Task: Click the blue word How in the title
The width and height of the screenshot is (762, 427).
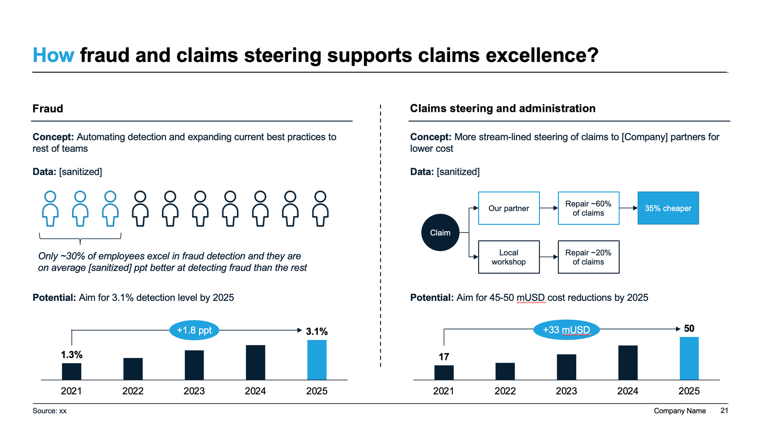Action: click(x=53, y=55)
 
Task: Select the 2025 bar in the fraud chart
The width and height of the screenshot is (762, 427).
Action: click(x=317, y=360)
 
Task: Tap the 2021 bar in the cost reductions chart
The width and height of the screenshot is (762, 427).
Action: click(x=444, y=372)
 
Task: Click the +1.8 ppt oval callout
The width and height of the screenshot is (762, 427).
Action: click(x=194, y=330)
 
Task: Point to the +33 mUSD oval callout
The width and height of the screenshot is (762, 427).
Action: click(x=566, y=330)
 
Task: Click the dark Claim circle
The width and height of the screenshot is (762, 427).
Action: click(x=440, y=233)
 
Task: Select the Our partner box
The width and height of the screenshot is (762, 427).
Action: click(x=508, y=208)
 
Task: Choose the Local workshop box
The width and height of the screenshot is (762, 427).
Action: click(x=508, y=257)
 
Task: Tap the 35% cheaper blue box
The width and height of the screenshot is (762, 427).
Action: click(x=668, y=208)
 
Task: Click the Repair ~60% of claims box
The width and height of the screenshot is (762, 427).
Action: click(x=588, y=208)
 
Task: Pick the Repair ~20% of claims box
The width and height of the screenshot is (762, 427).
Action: click(x=588, y=257)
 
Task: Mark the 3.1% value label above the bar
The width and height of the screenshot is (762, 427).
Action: click(x=317, y=331)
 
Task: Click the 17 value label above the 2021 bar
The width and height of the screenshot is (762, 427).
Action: click(x=444, y=357)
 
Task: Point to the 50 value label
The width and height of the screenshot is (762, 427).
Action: click(x=689, y=329)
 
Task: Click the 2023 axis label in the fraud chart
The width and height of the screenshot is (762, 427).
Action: click(x=194, y=391)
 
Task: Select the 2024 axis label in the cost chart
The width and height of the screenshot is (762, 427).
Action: click(x=627, y=391)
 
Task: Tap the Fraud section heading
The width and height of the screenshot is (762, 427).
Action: click(x=48, y=109)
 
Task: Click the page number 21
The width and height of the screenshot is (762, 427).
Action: click(x=724, y=411)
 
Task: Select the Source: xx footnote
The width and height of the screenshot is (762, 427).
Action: click(x=50, y=411)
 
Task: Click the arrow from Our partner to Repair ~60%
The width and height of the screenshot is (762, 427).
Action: click(x=549, y=208)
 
